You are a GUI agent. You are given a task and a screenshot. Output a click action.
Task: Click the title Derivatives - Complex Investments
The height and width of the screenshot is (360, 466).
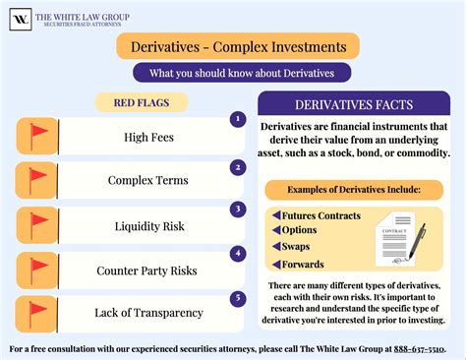point(232,46)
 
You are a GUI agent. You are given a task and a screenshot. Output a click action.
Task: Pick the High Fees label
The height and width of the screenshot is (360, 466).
point(149,137)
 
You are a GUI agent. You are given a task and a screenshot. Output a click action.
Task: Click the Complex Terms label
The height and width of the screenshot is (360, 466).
point(149,181)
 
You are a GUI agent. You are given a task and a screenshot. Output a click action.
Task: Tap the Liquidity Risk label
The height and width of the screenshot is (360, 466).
point(149,225)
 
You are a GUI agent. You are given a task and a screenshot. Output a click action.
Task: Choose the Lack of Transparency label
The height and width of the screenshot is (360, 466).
point(149,313)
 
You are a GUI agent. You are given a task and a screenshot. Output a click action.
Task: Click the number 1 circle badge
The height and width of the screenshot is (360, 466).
point(236,119)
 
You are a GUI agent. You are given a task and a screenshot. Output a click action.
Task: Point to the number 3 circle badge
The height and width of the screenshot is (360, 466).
point(236,209)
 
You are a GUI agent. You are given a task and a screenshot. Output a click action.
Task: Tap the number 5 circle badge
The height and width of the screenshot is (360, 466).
point(236,297)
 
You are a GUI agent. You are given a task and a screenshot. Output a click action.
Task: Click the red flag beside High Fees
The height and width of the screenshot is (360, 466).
point(38,136)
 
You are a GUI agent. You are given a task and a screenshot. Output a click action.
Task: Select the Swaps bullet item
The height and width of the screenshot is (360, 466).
point(300,247)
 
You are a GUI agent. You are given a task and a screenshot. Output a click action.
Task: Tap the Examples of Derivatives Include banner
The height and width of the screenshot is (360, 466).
point(353,188)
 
